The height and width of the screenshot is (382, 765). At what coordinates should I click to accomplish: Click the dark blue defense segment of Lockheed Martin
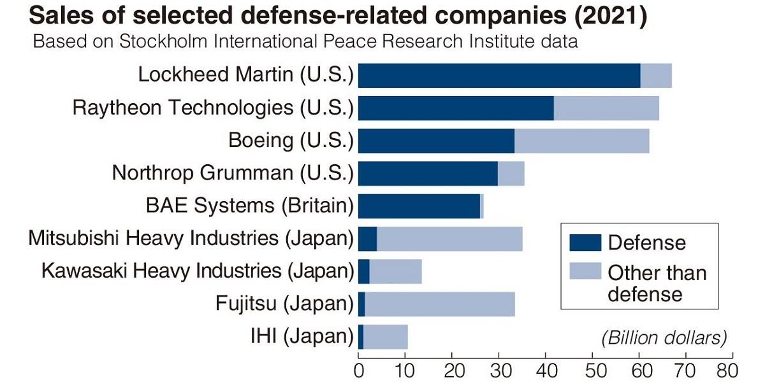[x=499, y=76]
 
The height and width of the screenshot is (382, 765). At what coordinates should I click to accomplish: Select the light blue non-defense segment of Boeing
[x=581, y=141]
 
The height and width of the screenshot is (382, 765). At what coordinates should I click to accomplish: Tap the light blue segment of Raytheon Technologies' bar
[x=606, y=108]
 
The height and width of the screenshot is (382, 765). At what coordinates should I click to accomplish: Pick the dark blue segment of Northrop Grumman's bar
[x=428, y=173]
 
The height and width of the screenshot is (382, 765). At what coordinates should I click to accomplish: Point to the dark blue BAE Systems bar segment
[x=419, y=206]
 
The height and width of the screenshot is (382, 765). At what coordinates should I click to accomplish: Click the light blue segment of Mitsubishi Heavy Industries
[x=449, y=239]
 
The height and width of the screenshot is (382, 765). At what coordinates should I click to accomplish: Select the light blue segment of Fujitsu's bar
[x=439, y=304]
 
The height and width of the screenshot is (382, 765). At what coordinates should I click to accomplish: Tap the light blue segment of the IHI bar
[x=385, y=336]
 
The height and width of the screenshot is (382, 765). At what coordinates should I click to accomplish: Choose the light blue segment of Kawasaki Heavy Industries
[x=395, y=271]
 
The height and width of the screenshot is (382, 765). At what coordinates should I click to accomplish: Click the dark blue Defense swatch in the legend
[x=585, y=243]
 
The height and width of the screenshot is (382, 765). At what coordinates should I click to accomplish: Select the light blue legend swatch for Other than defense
[x=585, y=272]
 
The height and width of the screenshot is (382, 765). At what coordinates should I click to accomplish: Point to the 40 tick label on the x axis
[x=545, y=370]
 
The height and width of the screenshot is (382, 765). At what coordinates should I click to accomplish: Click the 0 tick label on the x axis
[x=359, y=370]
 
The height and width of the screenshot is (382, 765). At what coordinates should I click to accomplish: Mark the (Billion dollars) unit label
[x=664, y=337]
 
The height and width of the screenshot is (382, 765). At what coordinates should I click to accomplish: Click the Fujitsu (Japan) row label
[x=284, y=304]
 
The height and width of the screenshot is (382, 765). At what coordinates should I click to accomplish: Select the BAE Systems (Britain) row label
[x=249, y=206]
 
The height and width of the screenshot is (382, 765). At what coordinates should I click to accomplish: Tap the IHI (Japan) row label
[x=301, y=336]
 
